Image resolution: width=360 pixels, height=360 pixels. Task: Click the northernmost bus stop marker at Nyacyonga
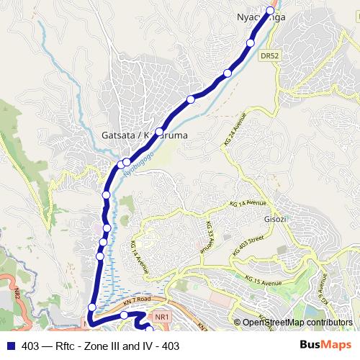(x=271, y=10)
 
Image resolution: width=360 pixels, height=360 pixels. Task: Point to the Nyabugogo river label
(x=139, y=170)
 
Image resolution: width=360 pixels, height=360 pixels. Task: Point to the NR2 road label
(x=16, y=294)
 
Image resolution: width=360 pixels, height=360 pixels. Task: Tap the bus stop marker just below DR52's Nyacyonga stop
(x=251, y=43)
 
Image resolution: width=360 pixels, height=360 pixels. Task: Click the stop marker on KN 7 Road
(x=124, y=315)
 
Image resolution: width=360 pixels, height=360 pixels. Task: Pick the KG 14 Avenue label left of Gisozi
(x=140, y=256)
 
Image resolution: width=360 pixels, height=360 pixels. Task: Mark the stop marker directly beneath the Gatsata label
(x=127, y=161)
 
